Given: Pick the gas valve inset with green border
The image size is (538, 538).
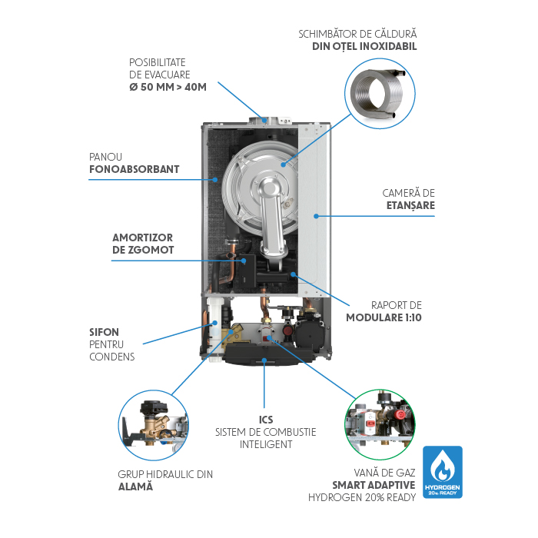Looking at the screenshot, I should [379, 423].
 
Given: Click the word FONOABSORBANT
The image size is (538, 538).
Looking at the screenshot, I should [134, 170].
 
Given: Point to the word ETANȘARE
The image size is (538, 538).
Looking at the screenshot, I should [410, 205].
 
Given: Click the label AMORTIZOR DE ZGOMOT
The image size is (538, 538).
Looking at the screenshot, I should [143, 244].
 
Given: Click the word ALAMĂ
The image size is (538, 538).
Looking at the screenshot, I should [135, 487].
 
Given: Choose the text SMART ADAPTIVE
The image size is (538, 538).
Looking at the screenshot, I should [374, 484].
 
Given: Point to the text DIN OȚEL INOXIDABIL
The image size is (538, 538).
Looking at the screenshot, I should [359, 46].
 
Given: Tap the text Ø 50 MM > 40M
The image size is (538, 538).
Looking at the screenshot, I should [168, 87].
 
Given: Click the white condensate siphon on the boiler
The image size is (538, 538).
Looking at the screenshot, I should [214, 323].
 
